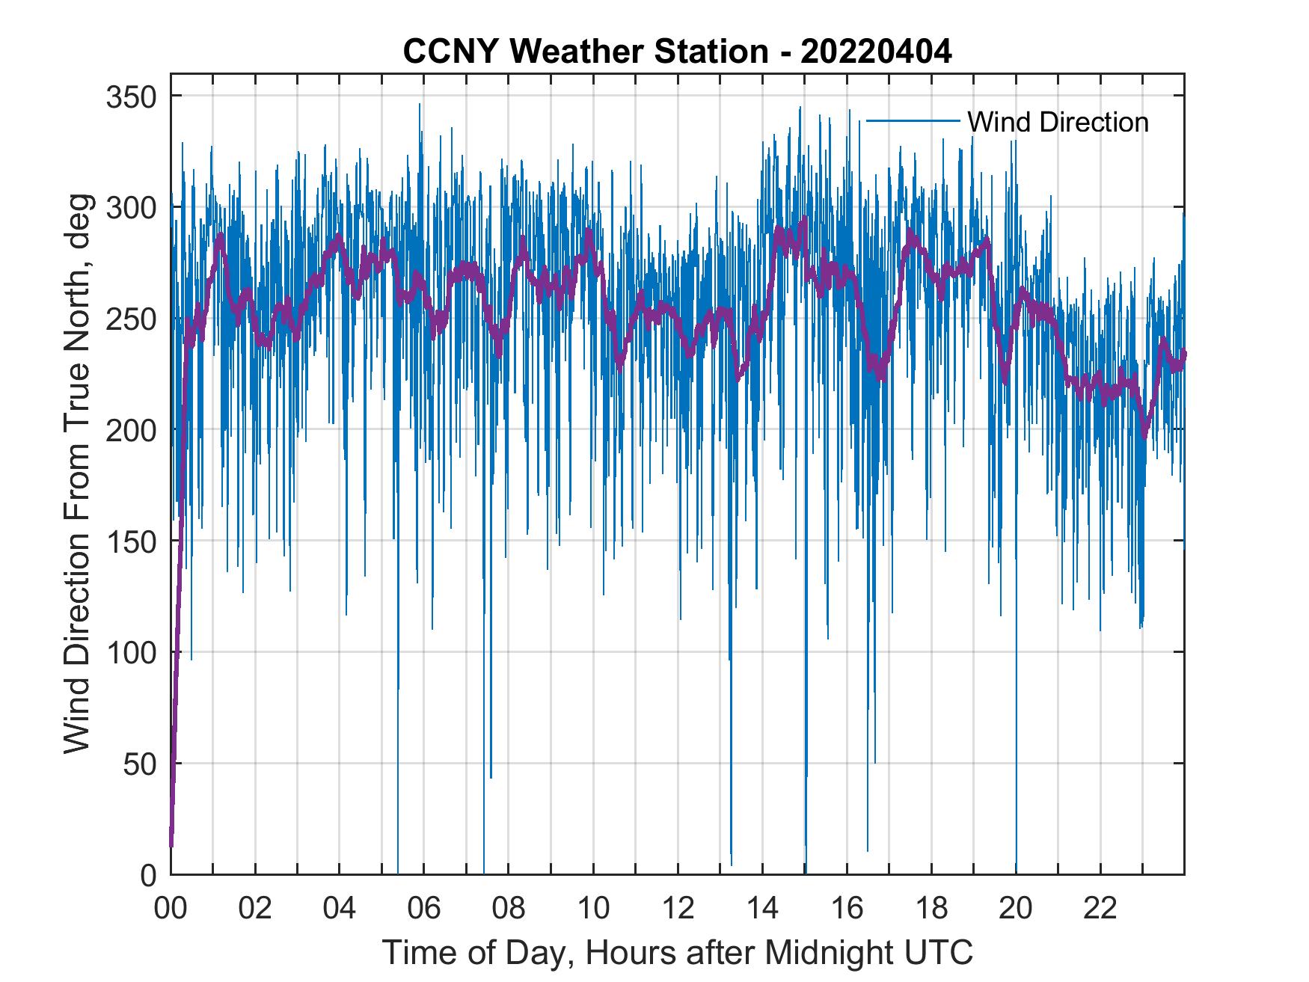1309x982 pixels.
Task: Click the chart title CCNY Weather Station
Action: (x=585, y=52)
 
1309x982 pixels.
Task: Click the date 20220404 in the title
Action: (x=876, y=52)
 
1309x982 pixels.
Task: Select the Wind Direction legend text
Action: (x=1058, y=122)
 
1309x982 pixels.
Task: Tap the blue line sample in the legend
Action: (x=913, y=120)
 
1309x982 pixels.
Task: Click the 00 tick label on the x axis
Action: (x=171, y=909)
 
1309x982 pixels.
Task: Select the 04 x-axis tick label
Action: (x=340, y=909)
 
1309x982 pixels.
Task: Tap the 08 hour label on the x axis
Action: (x=509, y=909)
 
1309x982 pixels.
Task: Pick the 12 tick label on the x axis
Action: (x=678, y=909)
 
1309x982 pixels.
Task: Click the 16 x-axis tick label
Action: (x=847, y=909)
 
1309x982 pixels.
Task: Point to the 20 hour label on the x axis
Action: (x=1016, y=909)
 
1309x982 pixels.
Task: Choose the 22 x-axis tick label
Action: (x=1100, y=909)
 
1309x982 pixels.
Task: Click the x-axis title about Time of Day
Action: (x=678, y=953)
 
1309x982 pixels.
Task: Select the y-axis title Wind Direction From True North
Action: (x=77, y=473)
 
